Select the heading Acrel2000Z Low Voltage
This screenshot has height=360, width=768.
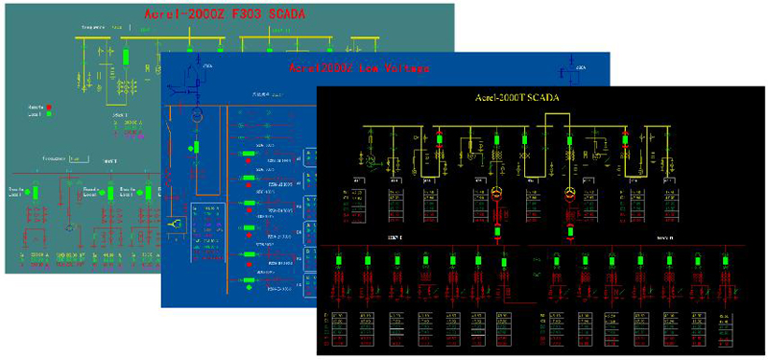coord(359,68)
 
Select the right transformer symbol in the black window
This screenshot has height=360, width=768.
coord(568,195)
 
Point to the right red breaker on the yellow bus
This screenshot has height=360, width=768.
coord(625,139)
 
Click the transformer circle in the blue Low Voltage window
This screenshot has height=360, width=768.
coord(195,116)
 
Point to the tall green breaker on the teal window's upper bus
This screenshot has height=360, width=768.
coord(126,58)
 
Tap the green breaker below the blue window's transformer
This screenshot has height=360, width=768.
coord(195,148)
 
